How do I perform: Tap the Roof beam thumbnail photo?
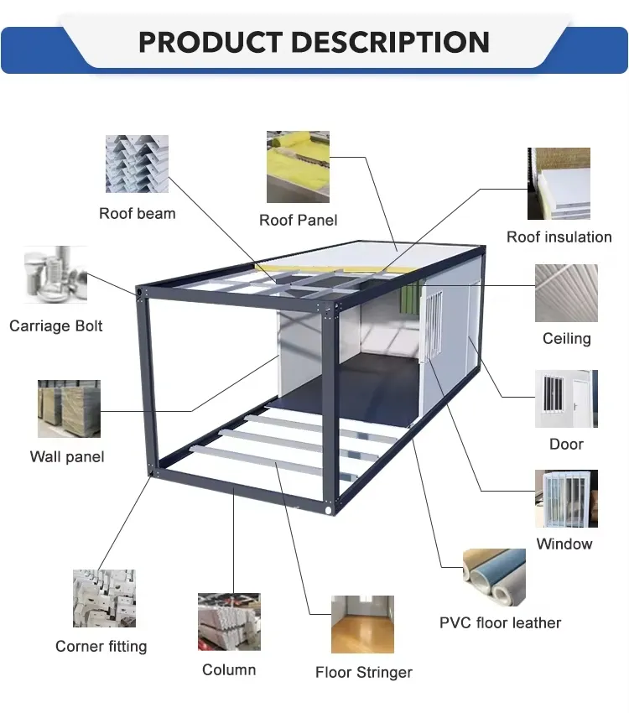(x=137, y=164)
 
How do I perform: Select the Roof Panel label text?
(x=298, y=220)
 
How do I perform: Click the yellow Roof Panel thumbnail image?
(x=298, y=166)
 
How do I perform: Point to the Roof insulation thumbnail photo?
(x=559, y=184)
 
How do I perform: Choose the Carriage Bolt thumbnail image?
(x=55, y=275)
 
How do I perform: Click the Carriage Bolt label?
(x=55, y=325)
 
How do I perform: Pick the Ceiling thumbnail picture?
(x=566, y=293)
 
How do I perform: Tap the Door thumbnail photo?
(x=566, y=398)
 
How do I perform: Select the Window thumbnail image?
(x=566, y=498)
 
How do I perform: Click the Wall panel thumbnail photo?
(x=69, y=409)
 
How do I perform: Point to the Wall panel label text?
(x=67, y=457)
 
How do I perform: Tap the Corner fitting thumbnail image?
(x=103, y=598)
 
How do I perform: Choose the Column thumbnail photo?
(x=229, y=622)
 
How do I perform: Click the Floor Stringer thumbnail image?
(x=362, y=624)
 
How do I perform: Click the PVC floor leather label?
(x=500, y=622)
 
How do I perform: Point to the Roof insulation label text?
(x=559, y=237)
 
